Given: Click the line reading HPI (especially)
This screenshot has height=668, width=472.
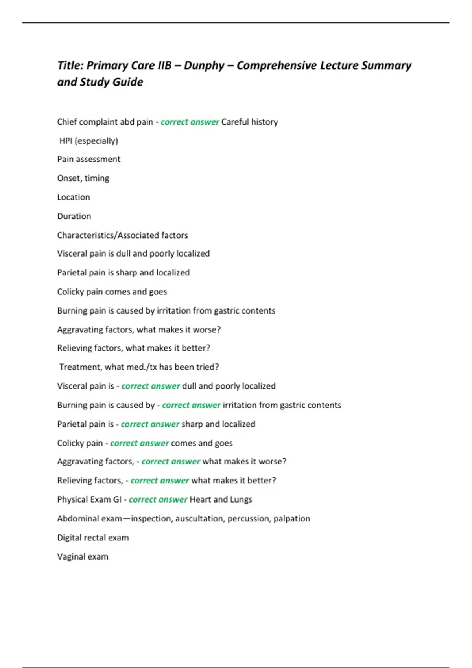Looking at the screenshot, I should [88, 141].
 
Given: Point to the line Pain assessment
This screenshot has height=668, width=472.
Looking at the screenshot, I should [88, 159].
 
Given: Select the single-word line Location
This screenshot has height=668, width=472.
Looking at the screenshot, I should [74, 197].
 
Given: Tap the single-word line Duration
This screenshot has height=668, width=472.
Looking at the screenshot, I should [74, 216].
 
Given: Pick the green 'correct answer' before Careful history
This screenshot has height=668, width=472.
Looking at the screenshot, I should [190, 122].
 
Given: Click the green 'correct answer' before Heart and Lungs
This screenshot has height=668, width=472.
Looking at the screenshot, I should [158, 499].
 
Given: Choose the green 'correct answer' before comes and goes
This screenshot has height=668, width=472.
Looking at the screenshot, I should [139, 443].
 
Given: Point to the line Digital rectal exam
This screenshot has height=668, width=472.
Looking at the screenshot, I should [93, 538].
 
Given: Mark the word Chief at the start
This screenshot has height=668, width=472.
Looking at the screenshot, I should [67, 122].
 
